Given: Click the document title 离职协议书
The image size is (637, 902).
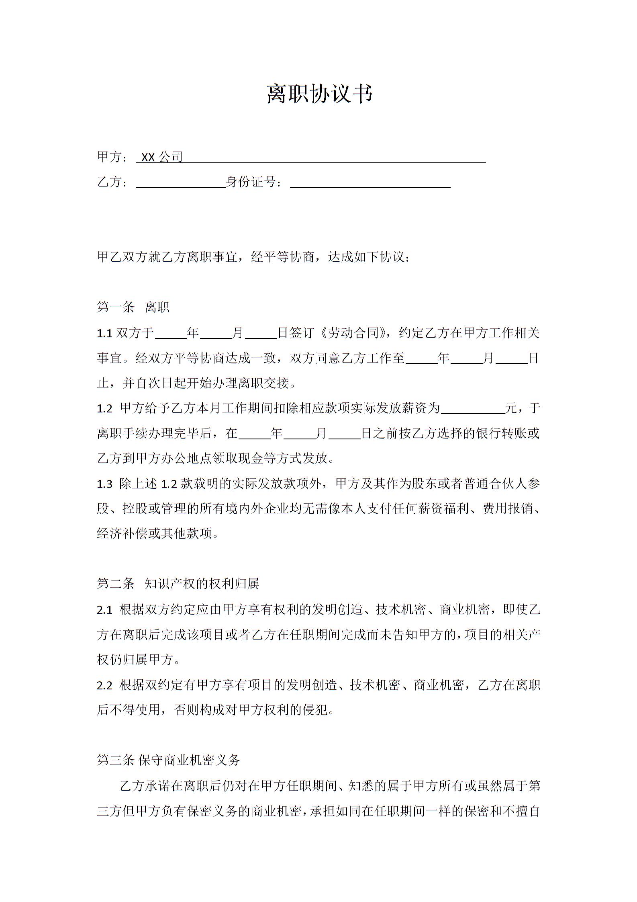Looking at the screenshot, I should [320, 94].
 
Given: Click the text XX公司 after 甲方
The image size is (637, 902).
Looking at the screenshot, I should [162, 157].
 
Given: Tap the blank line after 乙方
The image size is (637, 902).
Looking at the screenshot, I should [181, 183].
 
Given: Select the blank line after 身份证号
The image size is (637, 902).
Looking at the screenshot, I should [370, 183].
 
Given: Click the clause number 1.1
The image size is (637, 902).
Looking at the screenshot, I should [104, 333].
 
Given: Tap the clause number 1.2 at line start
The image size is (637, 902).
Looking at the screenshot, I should [104, 409].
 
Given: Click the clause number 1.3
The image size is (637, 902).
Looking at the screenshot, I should [104, 484].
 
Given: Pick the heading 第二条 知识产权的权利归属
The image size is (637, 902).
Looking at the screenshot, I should [178, 584].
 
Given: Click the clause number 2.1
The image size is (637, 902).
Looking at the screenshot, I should [104, 610].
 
